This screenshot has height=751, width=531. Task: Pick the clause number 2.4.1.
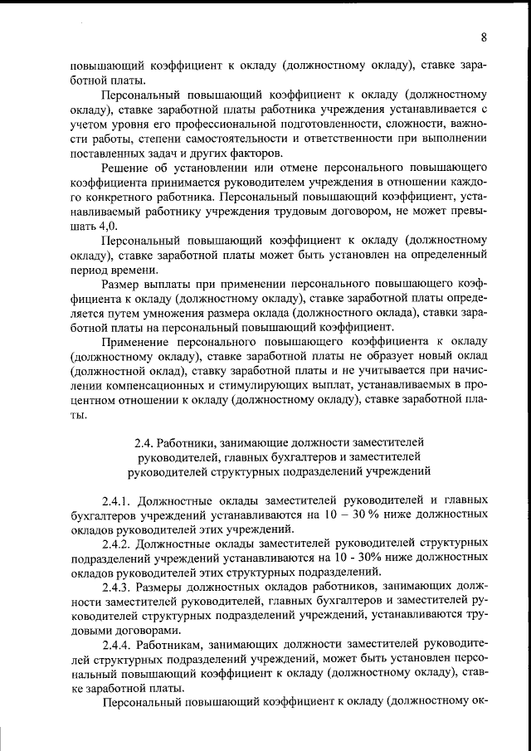(x=117, y=500)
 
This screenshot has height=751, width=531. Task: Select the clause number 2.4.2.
(x=117, y=543)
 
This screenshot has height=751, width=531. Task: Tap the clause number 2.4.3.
(x=117, y=586)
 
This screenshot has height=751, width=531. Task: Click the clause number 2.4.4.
(x=117, y=642)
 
